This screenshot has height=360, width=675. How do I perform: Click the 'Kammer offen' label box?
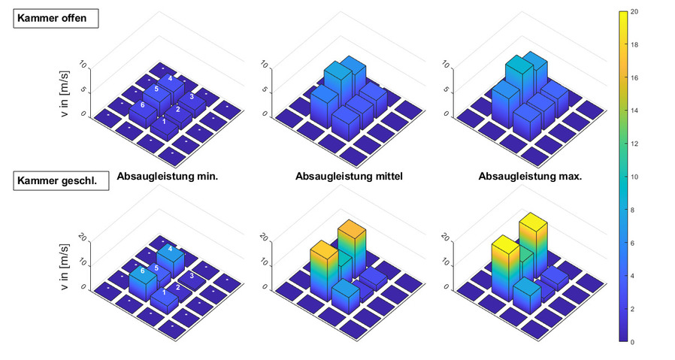56,19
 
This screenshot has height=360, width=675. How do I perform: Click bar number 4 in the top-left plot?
171,79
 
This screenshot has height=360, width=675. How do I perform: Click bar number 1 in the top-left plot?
164,123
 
